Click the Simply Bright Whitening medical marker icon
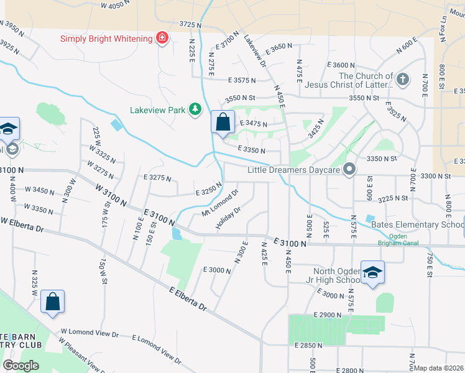pyautogui.click(x=162, y=39)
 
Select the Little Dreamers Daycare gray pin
pyautogui.click(x=349, y=169)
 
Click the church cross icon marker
pyautogui.click(x=403, y=80)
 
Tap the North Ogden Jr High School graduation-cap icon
pyautogui.click(x=372, y=274)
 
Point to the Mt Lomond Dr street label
pyautogui.click(x=220, y=203)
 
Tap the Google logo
pyautogui.click(x=21, y=365)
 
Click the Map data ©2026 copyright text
pyautogui.click(x=439, y=368)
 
